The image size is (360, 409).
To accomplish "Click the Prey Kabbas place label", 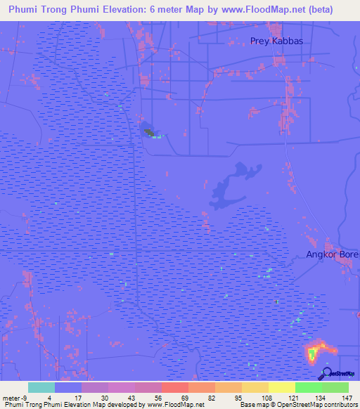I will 277,41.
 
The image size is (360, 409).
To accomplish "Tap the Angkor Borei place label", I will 332,254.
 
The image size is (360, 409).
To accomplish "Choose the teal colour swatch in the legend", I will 41,387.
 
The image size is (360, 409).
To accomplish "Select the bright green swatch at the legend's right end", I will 335,387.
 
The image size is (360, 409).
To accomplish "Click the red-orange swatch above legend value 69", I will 174,387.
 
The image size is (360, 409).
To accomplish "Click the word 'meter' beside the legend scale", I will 10,397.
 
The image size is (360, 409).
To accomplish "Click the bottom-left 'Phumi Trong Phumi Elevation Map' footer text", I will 104,405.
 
